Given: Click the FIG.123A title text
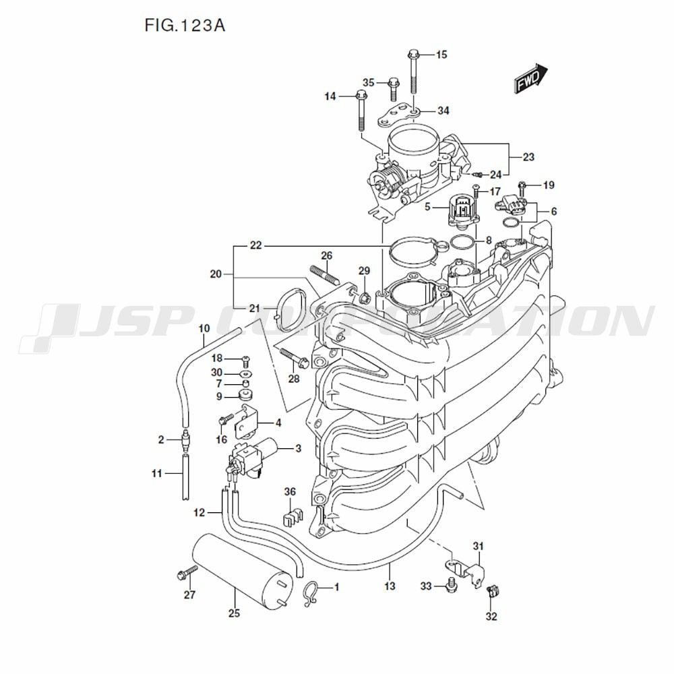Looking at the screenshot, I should click(184, 26).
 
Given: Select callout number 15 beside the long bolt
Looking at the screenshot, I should click(441, 55).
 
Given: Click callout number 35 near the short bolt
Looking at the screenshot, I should click(368, 82).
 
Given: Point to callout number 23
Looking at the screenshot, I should click(528, 157).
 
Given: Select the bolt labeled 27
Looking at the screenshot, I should click(185, 574).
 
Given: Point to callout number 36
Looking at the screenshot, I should click(290, 491).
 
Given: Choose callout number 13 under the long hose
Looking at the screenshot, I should click(390, 586).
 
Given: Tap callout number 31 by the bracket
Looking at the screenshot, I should click(478, 545).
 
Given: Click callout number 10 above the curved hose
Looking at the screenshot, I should click(204, 328).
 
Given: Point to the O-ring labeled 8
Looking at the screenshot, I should click(462, 243).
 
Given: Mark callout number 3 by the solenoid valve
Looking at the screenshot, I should click(298, 448).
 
